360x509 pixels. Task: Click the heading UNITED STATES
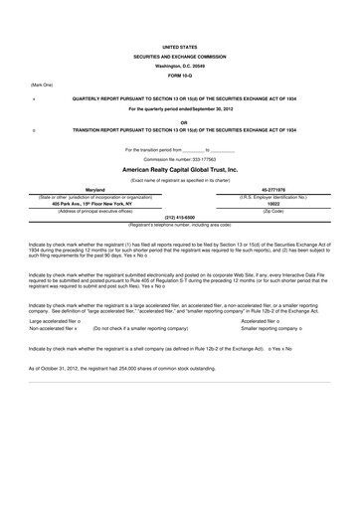[x=179, y=47]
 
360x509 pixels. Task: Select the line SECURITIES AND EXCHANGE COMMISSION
[x=179, y=57]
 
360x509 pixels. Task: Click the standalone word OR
[x=179, y=121]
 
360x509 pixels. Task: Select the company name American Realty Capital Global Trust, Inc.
[x=179, y=169]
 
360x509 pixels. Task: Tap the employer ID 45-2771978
[x=272, y=188]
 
